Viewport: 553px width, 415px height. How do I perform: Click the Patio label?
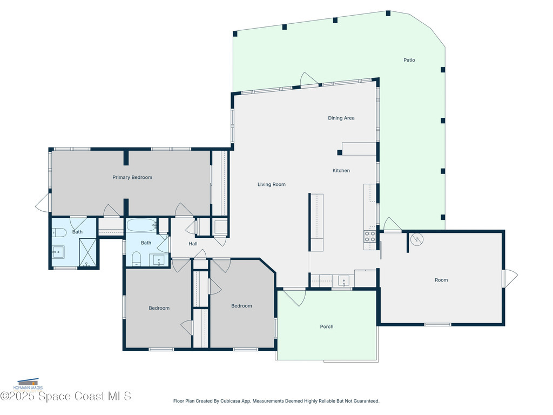click(409, 60)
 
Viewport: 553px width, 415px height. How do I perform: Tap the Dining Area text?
click(341, 118)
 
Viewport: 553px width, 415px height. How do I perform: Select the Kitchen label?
click(341, 171)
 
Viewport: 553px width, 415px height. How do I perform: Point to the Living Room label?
click(271, 185)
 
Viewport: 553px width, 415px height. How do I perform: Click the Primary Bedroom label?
click(132, 177)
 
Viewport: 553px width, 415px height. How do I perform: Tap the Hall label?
click(193, 244)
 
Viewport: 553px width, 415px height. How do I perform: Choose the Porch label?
click(326, 326)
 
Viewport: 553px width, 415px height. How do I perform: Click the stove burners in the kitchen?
click(370, 236)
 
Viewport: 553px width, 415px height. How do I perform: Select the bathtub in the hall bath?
click(141, 225)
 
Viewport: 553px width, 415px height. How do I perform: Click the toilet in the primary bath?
click(59, 233)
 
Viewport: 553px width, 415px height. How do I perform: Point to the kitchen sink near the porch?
click(343, 280)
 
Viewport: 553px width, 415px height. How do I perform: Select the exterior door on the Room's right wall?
click(509, 278)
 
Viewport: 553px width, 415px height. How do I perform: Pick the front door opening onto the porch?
click(295, 297)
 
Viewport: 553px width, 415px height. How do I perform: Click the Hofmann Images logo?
click(30, 384)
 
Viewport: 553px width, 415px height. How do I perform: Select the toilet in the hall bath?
click(136, 258)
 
